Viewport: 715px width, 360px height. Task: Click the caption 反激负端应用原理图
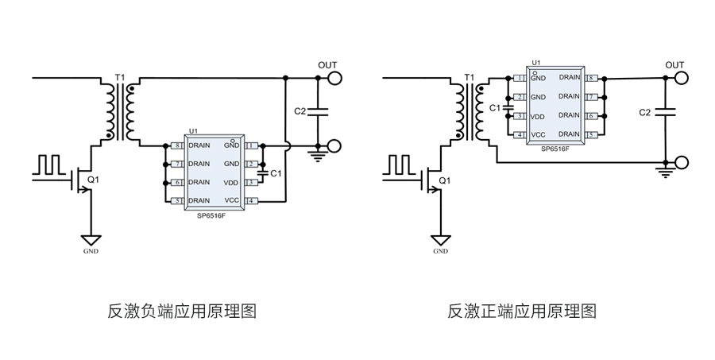click(x=182, y=311)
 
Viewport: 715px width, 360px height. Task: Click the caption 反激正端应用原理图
click(x=522, y=311)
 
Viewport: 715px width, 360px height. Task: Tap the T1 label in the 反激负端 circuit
click(x=120, y=77)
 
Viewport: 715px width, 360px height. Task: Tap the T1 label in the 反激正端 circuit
click(x=469, y=77)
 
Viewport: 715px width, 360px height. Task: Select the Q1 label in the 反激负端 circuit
click(x=93, y=180)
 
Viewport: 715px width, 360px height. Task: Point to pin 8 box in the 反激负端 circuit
click(x=177, y=145)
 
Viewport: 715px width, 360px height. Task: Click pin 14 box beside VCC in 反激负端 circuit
click(x=250, y=200)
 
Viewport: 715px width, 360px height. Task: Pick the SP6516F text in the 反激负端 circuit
click(x=211, y=215)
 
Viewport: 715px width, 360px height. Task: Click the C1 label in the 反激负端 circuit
click(x=276, y=172)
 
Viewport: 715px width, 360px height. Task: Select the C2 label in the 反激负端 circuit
click(x=300, y=112)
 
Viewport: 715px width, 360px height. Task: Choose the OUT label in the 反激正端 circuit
click(x=674, y=64)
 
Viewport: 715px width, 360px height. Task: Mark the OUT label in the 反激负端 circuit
click(x=327, y=64)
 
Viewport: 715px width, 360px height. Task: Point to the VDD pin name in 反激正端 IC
click(x=538, y=116)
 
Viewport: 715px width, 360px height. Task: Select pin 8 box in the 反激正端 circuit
click(x=591, y=78)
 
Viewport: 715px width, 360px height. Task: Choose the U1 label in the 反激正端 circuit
click(x=535, y=61)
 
